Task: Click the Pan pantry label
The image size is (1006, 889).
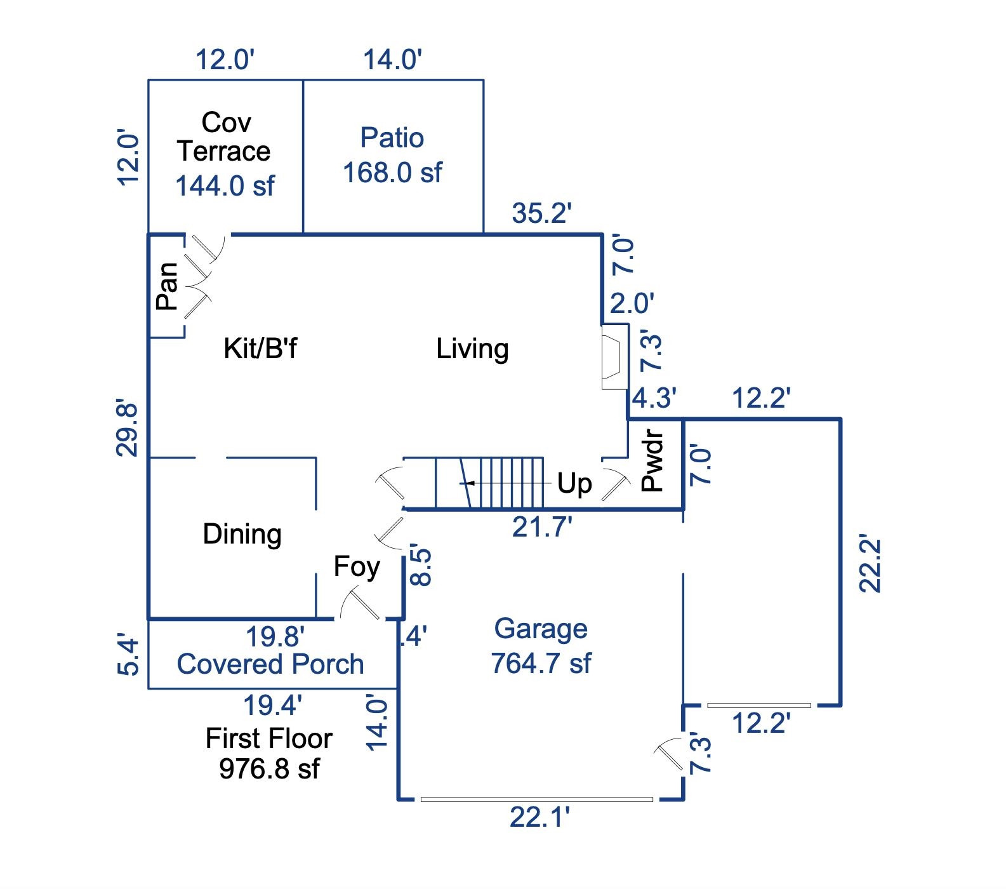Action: [x=167, y=286]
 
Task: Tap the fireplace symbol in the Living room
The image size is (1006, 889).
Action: [x=613, y=356]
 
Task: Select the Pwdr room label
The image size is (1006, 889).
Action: [x=652, y=462]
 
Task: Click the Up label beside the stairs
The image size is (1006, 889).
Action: [x=574, y=483]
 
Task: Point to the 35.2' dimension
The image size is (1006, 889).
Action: [x=542, y=213]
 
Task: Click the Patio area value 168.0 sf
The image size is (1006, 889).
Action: [x=392, y=173]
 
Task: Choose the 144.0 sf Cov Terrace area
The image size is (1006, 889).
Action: [x=225, y=186]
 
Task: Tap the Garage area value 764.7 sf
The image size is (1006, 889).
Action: [x=541, y=664]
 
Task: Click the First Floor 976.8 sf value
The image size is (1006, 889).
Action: [x=269, y=769]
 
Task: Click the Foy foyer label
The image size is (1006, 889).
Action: [x=357, y=566]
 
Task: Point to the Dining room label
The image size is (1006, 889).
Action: [x=242, y=534]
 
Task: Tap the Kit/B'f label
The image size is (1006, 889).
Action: [x=260, y=349]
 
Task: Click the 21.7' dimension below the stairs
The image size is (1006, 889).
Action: [x=542, y=527]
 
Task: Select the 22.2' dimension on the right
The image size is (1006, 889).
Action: [x=870, y=565]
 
